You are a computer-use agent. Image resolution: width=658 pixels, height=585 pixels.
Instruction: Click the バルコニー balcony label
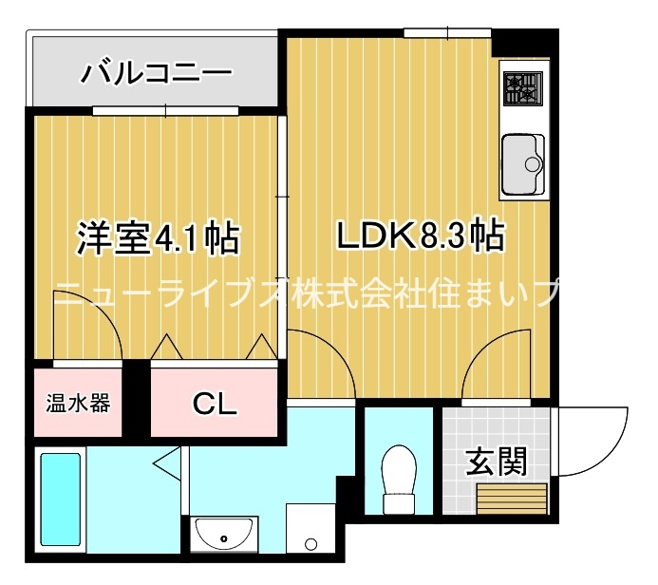tap(157, 73)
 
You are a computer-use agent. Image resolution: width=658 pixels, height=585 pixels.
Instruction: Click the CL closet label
tap(215, 404)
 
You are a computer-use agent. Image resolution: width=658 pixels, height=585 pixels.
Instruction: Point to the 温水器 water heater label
tap(79, 403)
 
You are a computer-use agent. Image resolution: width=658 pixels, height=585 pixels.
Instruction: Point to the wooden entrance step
tap(513, 498)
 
